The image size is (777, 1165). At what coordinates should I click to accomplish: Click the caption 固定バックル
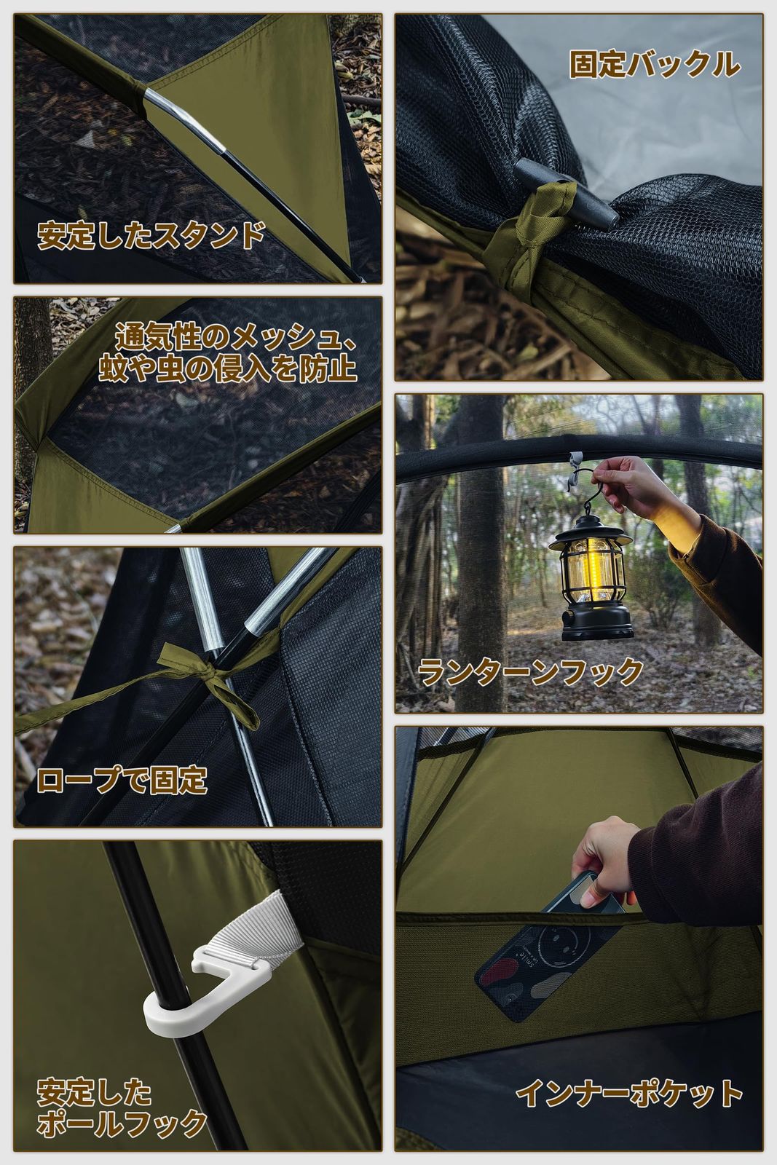pos(654,66)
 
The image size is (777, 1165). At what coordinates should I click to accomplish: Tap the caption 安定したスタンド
pos(151,236)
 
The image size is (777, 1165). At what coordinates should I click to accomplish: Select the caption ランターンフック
pos(531,671)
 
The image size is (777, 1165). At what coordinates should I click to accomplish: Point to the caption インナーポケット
pos(630,1093)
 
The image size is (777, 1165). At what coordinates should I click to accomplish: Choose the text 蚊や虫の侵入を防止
pos(228,368)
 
